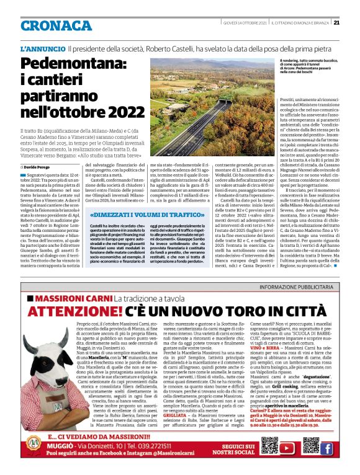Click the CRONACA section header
coord(56,25)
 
